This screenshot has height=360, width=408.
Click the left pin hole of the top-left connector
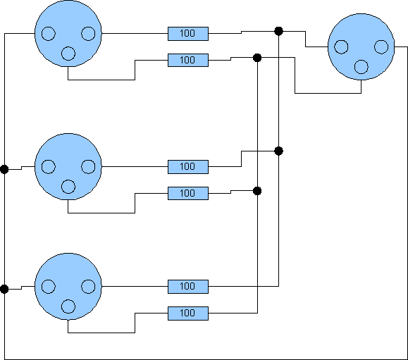(49, 34)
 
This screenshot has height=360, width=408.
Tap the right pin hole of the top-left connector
(88, 34)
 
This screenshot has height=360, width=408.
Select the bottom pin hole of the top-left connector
(68, 54)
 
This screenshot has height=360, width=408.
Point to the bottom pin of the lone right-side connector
(361, 67)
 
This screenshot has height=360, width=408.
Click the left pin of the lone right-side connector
(341, 46)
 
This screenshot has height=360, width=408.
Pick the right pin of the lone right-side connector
(381, 46)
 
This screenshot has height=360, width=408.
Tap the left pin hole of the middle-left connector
(49, 167)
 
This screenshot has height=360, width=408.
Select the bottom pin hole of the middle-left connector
(68, 187)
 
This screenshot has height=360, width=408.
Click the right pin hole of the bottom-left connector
(88, 287)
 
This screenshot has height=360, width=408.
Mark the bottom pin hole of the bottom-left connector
(68, 306)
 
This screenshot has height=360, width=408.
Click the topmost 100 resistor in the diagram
(188, 34)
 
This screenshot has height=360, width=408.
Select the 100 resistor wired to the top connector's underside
(188, 60)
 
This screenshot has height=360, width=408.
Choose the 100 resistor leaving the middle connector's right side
(188, 167)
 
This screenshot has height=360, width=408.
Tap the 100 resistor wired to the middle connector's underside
(188, 193)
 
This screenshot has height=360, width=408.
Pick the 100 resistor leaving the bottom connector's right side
(188, 287)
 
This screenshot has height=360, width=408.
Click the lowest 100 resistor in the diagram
(188, 314)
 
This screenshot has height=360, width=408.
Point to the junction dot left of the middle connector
(4, 169)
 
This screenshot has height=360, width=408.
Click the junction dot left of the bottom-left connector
(4, 289)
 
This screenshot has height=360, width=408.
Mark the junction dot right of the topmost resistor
(278, 31)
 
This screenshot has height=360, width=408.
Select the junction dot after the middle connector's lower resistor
(257, 191)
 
